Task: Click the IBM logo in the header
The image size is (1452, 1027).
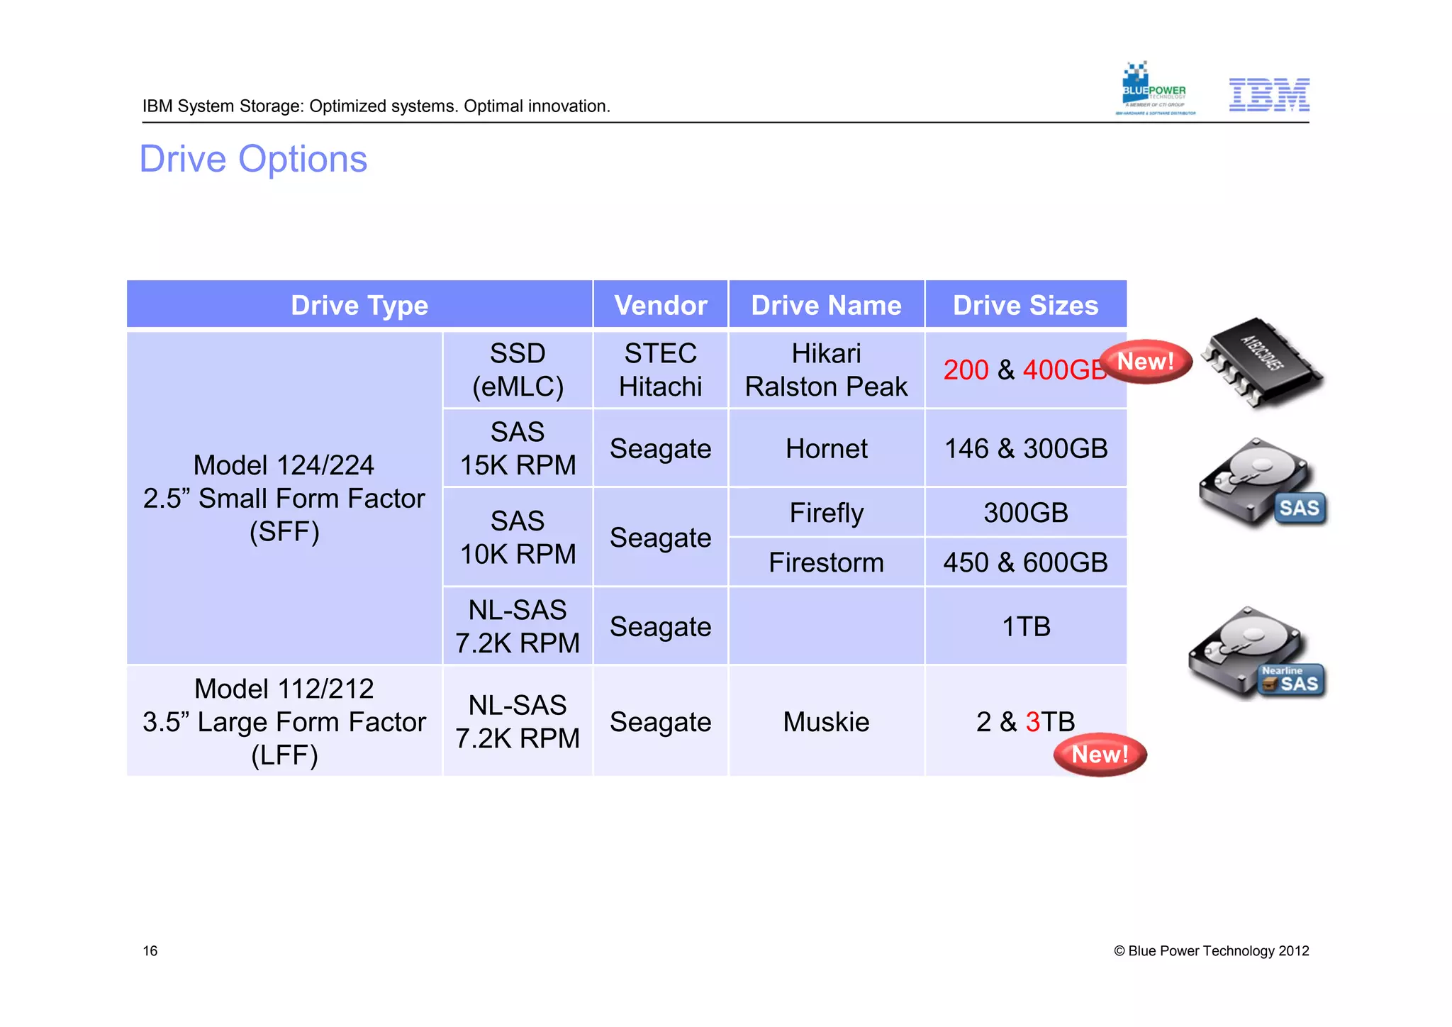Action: (x=1268, y=94)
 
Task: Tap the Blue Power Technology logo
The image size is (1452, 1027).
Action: (x=1154, y=89)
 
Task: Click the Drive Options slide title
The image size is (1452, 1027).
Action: (x=253, y=159)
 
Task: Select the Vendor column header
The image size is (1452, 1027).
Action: (x=660, y=305)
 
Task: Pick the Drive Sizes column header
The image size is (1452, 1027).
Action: (x=1025, y=305)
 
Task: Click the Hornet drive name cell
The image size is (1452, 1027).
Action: (x=826, y=448)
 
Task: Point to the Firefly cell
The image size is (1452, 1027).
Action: (x=826, y=512)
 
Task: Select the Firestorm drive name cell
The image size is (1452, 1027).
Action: (x=826, y=562)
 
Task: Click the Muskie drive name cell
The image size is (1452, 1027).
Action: (x=826, y=721)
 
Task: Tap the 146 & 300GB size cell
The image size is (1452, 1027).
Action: (x=1025, y=448)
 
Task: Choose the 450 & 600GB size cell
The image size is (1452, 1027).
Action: (x=1025, y=562)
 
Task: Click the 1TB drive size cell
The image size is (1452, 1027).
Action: (x=1025, y=626)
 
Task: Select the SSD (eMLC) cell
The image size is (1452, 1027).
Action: (x=518, y=370)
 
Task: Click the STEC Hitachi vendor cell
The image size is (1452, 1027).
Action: (x=660, y=370)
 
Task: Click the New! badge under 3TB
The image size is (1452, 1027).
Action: (x=1100, y=755)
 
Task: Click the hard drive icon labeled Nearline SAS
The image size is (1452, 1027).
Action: (x=1257, y=654)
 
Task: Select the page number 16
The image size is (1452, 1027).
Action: (x=150, y=951)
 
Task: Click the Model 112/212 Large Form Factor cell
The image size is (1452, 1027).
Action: (x=284, y=721)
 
